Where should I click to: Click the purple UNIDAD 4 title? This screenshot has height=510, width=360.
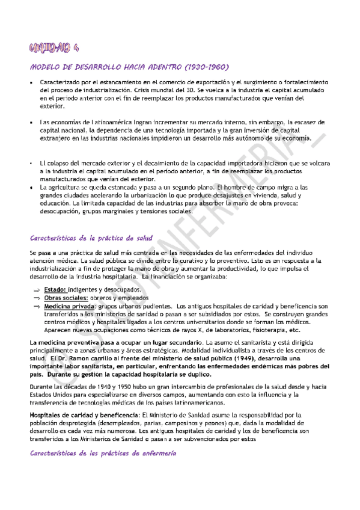click(x=56, y=48)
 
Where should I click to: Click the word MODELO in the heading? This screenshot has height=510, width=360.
click(x=44, y=67)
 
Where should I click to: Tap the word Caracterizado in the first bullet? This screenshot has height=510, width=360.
click(x=61, y=82)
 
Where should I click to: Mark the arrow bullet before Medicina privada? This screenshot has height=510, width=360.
click(x=36, y=307)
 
